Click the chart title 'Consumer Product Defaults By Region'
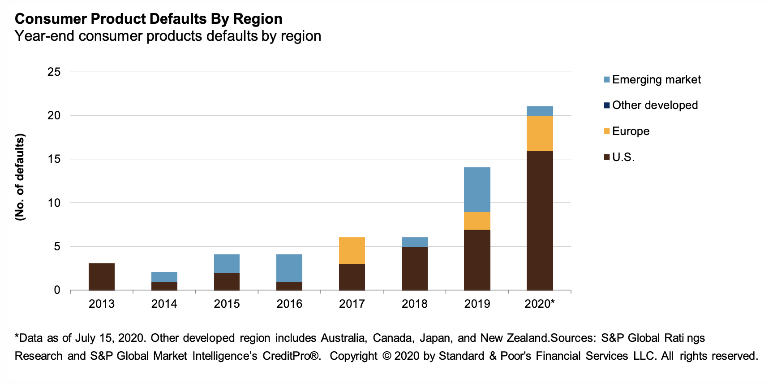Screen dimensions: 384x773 (148, 19)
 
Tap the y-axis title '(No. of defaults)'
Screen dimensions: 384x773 (20, 177)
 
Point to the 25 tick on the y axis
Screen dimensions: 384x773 (54, 72)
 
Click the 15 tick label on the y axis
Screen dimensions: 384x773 (54, 159)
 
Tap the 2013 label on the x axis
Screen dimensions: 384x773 (102, 304)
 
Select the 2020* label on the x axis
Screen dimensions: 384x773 (540, 304)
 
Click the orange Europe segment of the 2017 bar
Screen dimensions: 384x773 (352, 251)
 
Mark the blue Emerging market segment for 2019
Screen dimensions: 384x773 (477, 190)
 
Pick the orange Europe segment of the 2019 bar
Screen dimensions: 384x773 (477, 221)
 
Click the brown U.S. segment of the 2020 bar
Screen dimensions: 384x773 (540, 220)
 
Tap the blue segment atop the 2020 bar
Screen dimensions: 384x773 (540, 111)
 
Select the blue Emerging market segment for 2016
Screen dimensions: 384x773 (289, 268)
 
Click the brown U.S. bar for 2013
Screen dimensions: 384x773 (102, 276)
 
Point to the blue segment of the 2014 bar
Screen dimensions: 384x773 (164, 276)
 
